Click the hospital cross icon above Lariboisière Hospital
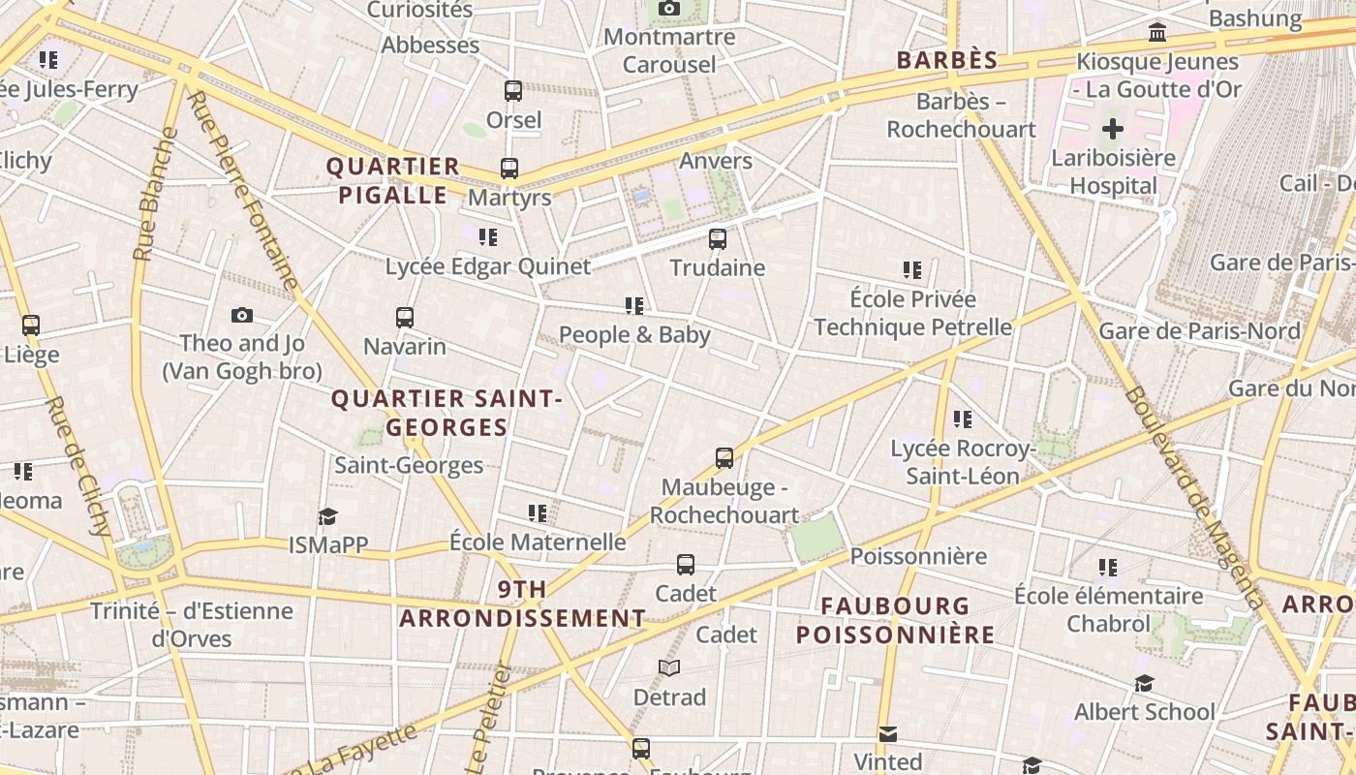coord(1113,128)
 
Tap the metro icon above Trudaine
coord(717,238)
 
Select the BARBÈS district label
coord(946,60)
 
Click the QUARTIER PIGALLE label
coord(392,180)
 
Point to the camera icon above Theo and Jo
coord(242,315)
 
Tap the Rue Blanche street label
coord(156,194)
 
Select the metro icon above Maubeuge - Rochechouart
coord(724,457)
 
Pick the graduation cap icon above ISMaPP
coord(328,516)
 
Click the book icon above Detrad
coord(669,667)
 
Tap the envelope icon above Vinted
coord(888,733)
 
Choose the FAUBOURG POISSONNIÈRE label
coord(895,620)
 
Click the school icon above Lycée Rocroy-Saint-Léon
coord(962,419)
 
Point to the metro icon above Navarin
coord(405,317)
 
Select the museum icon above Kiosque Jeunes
coord(1156,33)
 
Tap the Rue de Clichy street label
coord(78,465)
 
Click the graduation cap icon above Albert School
coord(1144,683)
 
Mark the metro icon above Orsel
coord(513,91)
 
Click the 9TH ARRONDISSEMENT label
coord(522,604)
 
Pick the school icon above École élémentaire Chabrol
coord(1108,567)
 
